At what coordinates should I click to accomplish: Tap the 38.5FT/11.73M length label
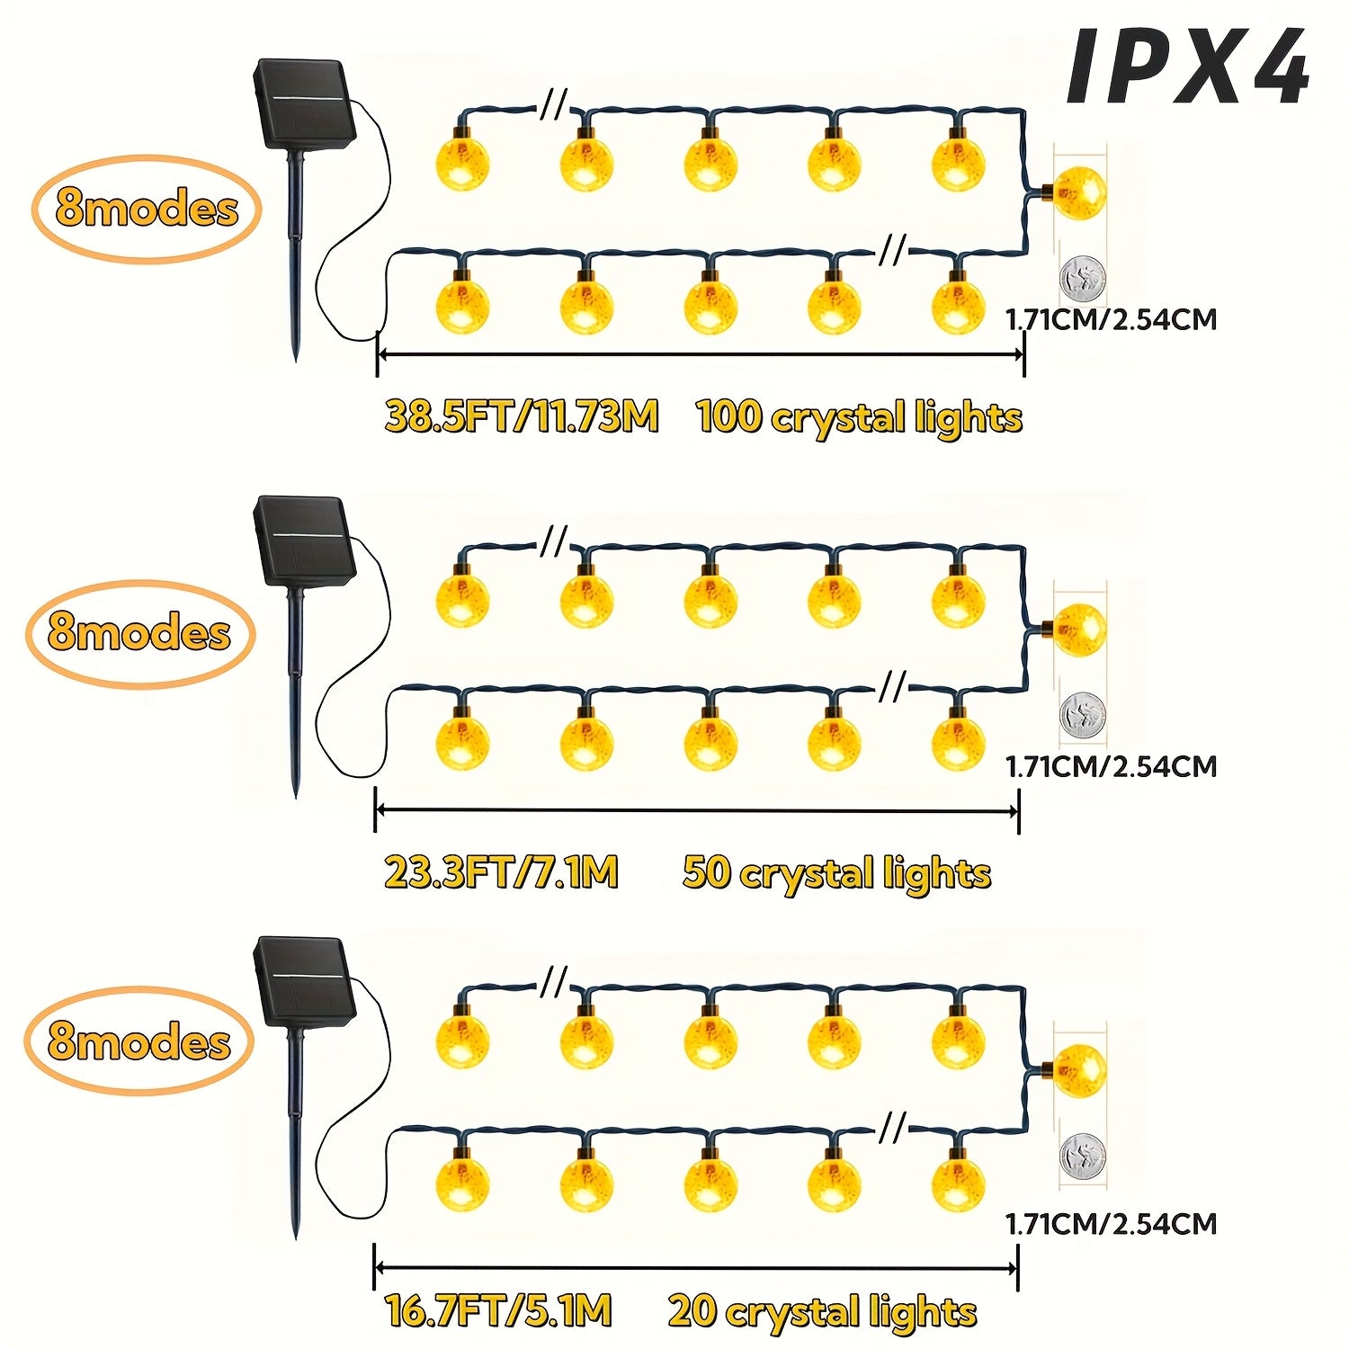(x=522, y=417)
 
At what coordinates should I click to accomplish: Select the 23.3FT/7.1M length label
(x=502, y=872)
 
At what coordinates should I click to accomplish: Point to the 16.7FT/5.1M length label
(x=498, y=1309)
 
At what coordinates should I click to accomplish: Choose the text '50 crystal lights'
(x=836, y=874)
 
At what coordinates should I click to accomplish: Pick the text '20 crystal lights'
(x=822, y=1312)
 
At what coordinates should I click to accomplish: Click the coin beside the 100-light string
(x=1082, y=277)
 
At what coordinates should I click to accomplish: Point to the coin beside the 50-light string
(x=1082, y=715)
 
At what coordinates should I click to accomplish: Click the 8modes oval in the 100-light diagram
(x=147, y=209)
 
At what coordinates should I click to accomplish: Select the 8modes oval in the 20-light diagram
(x=138, y=1041)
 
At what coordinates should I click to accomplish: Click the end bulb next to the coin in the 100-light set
(x=1079, y=192)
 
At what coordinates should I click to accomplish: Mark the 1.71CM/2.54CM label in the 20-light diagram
(x=1111, y=1223)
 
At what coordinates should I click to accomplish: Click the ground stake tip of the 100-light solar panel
(x=297, y=360)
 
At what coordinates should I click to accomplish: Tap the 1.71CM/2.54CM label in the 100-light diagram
(x=1111, y=319)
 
